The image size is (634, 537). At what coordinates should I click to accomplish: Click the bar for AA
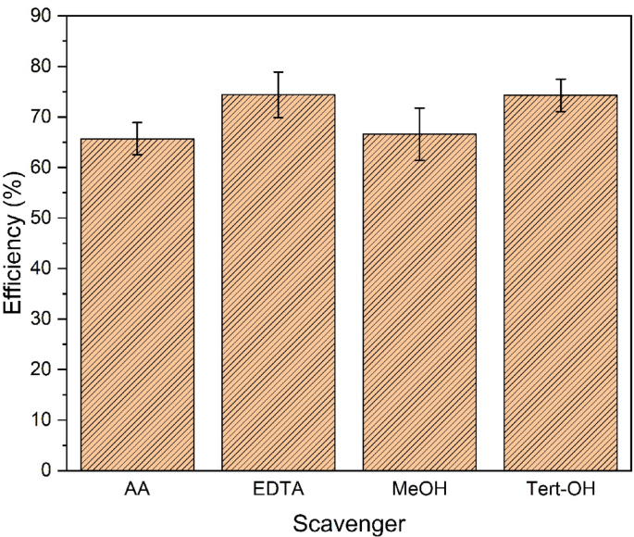[x=137, y=306]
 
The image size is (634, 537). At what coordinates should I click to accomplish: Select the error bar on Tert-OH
[x=560, y=95]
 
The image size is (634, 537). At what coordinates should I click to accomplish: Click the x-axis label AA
[x=137, y=489]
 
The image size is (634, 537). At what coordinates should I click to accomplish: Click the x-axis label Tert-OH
[x=560, y=489]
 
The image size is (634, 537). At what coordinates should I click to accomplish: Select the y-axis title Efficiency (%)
[x=16, y=243]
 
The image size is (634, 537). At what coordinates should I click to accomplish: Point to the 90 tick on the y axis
[x=44, y=17]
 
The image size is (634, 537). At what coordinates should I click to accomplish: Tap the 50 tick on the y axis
[x=44, y=219]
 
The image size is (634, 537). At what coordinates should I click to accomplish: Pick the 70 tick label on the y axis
[x=44, y=118]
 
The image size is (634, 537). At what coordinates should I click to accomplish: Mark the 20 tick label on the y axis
[x=44, y=369]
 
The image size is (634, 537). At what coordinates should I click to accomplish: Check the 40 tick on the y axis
[x=44, y=268]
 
